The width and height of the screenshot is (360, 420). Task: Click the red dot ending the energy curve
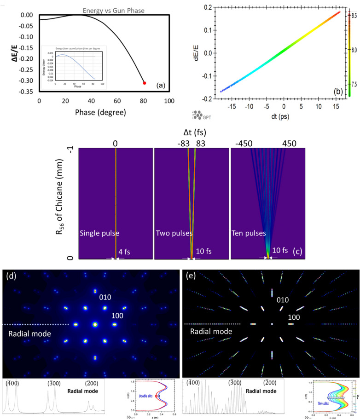click(145, 83)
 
